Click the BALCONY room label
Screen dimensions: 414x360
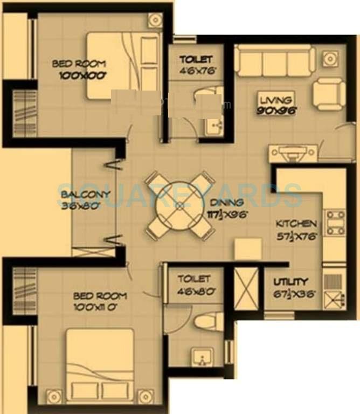coord(86,195)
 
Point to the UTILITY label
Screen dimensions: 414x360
coord(290,281)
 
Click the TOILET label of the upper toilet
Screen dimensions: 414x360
coord(196,59)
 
